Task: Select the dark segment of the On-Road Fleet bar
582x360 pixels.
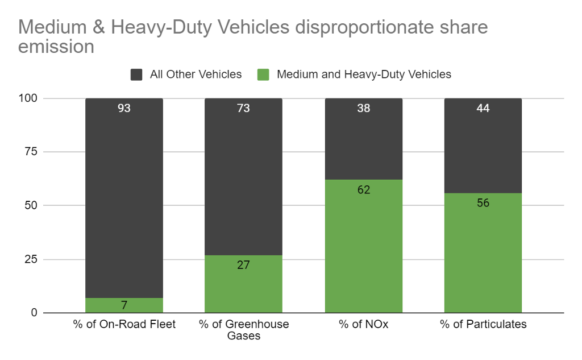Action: click(124, 199)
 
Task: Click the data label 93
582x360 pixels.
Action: click(124, 108)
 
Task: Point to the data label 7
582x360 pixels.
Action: click(124, 305)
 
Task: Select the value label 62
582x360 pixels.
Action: click(364, 190)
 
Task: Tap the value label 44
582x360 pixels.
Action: click(483, 108)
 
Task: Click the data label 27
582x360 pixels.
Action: click(243, 264)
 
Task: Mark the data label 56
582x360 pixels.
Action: click(483, 203)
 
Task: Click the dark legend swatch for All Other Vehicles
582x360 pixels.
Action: click(137, 75)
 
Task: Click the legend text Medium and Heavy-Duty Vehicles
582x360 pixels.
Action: click(364, 75)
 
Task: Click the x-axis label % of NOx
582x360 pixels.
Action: click(363, 325)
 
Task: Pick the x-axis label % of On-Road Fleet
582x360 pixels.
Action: click(124, 325)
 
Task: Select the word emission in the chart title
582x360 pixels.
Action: click(56, 47)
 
